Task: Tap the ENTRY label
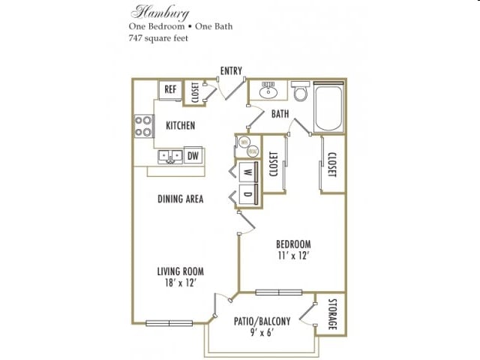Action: [231, 71]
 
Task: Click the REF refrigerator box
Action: [170, 89]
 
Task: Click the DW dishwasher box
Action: [193, 156]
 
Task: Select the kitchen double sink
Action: [170, 157]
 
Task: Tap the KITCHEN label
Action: [180, 125]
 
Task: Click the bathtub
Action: [327, 109]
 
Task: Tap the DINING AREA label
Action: [181, 199]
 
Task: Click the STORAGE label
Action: [332, 315]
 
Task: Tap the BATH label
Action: [280, 114]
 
